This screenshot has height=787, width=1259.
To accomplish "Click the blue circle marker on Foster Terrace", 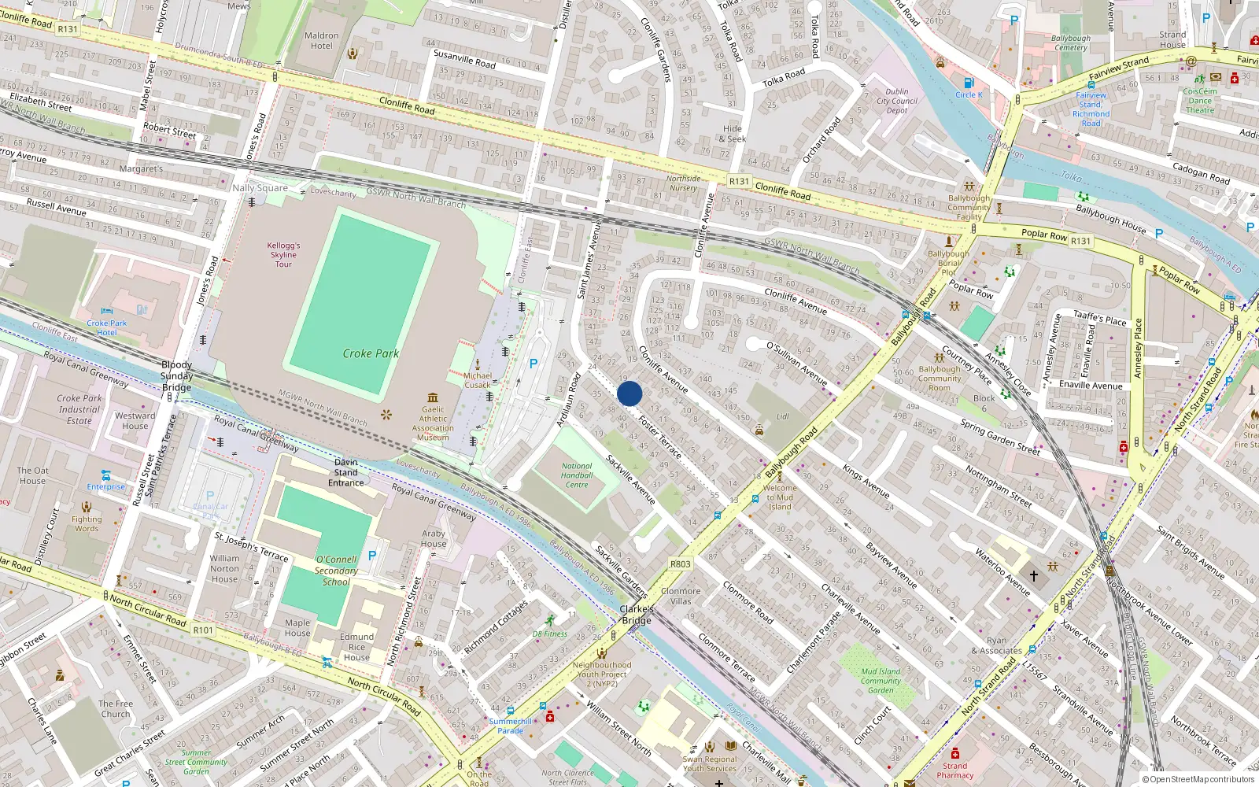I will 629,393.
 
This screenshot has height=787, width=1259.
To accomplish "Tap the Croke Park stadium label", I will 371,353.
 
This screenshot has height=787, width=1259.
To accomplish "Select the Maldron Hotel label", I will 321,41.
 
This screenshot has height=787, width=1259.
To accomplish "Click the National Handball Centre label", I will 577,475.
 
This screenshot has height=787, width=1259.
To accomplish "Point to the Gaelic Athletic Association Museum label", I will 433,423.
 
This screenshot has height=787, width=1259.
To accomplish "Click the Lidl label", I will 782,416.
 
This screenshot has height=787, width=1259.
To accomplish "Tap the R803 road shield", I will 680,564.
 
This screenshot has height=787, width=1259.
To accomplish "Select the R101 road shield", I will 203,630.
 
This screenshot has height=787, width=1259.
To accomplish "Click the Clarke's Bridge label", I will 637,615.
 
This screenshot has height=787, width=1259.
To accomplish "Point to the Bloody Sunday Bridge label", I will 176,376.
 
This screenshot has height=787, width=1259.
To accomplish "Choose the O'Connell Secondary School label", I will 336,571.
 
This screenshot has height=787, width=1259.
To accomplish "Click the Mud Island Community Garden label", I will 881,681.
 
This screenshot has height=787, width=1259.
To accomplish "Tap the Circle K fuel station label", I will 969,94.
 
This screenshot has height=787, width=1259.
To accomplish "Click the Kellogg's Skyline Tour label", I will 283,255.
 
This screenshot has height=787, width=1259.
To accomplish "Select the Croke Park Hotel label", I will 107,327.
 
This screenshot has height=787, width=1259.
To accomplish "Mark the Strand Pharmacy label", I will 955,770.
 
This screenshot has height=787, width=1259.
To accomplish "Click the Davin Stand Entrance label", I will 345,473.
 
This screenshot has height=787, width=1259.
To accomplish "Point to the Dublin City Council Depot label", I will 897,101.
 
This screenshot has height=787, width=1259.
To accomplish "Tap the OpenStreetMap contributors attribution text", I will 1198,780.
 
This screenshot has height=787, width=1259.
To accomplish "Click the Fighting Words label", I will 87,523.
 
